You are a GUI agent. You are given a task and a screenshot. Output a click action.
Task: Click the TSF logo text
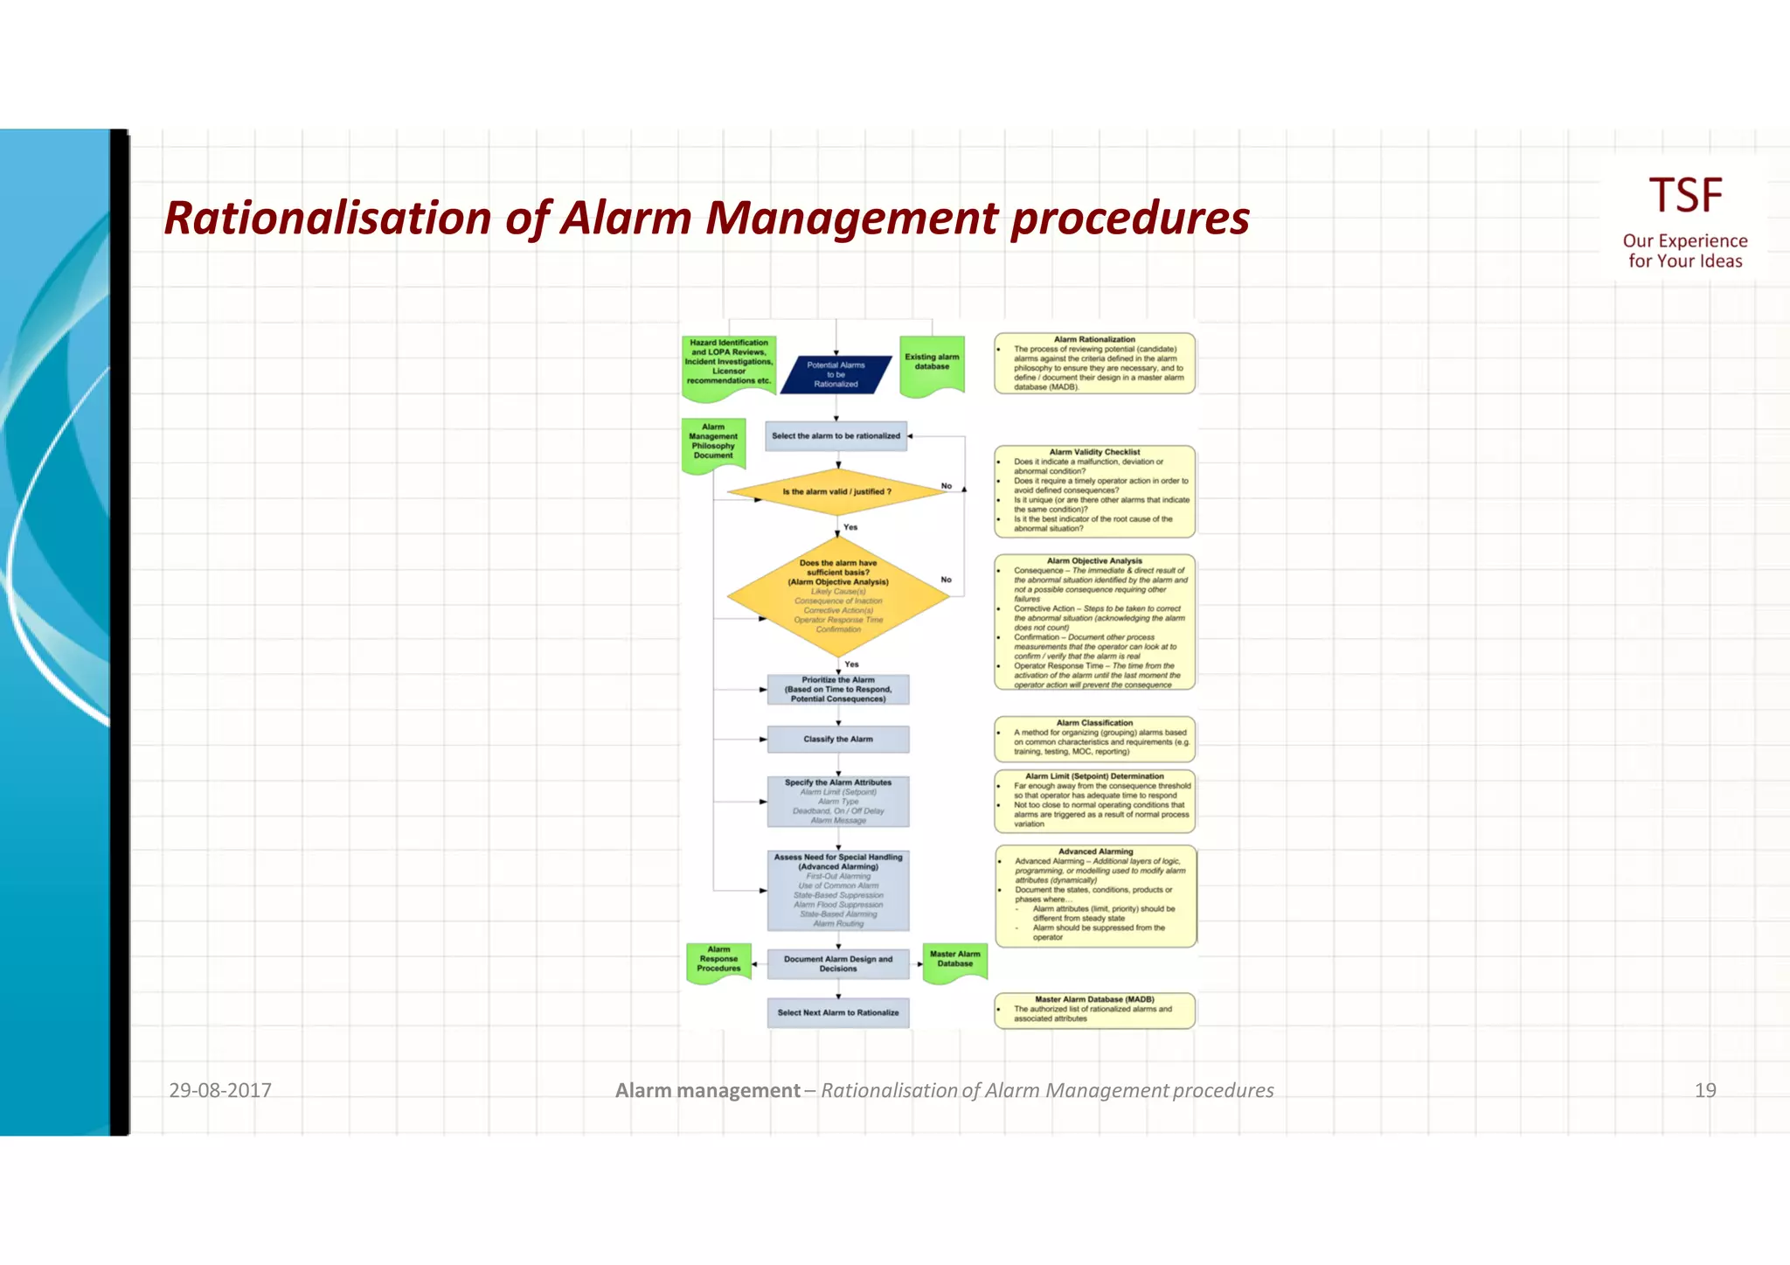click(1684, 195)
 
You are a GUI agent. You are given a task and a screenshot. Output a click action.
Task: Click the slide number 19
click(1704, 1090)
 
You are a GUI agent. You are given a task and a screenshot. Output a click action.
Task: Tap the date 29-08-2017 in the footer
click(220, 1090)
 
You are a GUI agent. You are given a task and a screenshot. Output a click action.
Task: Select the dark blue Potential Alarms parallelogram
click(836, 374)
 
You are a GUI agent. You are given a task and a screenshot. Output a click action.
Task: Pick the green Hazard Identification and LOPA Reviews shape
click(729, 365)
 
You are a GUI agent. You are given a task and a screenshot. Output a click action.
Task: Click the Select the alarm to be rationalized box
click(836, 436)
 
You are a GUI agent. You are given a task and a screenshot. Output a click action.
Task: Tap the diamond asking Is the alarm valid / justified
click(836, 492)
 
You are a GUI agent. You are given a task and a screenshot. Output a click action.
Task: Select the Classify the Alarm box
click(837, 740)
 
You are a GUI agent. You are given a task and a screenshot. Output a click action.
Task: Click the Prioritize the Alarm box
click(837, 690)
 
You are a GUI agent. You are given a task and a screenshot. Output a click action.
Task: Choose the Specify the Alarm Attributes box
click(837, 802)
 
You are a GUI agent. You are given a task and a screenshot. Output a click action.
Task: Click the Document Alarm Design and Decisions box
click(837, 964)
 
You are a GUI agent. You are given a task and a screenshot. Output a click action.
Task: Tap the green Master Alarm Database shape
click(954, 961)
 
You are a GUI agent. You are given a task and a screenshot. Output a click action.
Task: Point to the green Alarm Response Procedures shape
click(718, 961)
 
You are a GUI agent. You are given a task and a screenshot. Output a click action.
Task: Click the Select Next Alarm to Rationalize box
click(837, 1013)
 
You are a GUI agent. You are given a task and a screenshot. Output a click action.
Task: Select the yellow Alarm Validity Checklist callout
click(1094, 490)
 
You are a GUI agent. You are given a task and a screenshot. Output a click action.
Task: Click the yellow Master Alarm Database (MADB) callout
click(1094, 1010)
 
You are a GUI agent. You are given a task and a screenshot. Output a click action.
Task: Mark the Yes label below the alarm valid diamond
click(850, 527)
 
